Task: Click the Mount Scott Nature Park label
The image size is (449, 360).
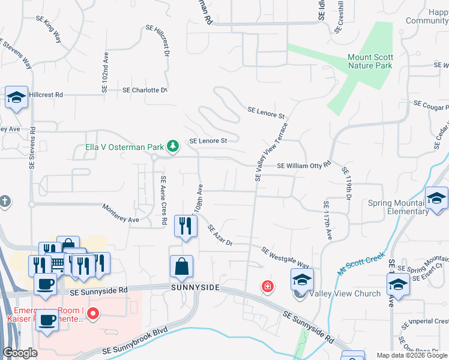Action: click(370, 61)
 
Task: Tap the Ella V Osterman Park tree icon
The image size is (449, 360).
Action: click(173, 146)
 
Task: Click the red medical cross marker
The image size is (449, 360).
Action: click(267, 288)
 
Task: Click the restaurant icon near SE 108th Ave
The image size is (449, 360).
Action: click(185, 226)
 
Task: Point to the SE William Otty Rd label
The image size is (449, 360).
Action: click(304, 165)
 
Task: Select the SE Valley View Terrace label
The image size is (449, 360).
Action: click(272, 152)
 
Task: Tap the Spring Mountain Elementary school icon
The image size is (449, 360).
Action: click(436, 198)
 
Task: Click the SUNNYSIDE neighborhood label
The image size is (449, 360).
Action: click(194, 288)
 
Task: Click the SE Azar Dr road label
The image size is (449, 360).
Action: click(220, 235)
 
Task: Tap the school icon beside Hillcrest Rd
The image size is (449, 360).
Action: click(16, 97)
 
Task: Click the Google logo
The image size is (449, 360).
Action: click(20, 353)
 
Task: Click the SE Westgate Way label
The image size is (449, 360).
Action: click(285, 257)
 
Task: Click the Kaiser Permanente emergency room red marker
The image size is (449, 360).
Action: click(93, 313)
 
